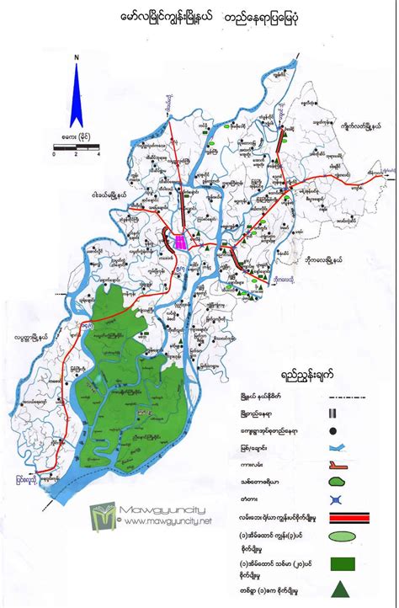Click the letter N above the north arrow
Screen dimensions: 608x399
77,57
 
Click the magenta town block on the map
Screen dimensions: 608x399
180,242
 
